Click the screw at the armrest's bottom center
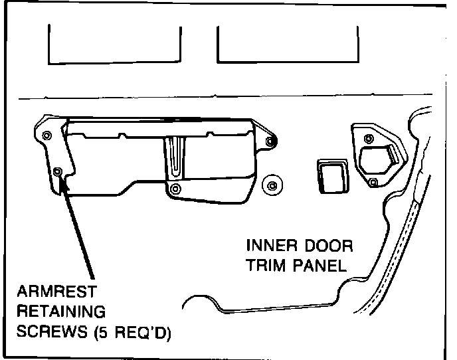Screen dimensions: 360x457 click(175, 189)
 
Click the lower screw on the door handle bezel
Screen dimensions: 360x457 click(373, 182)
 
